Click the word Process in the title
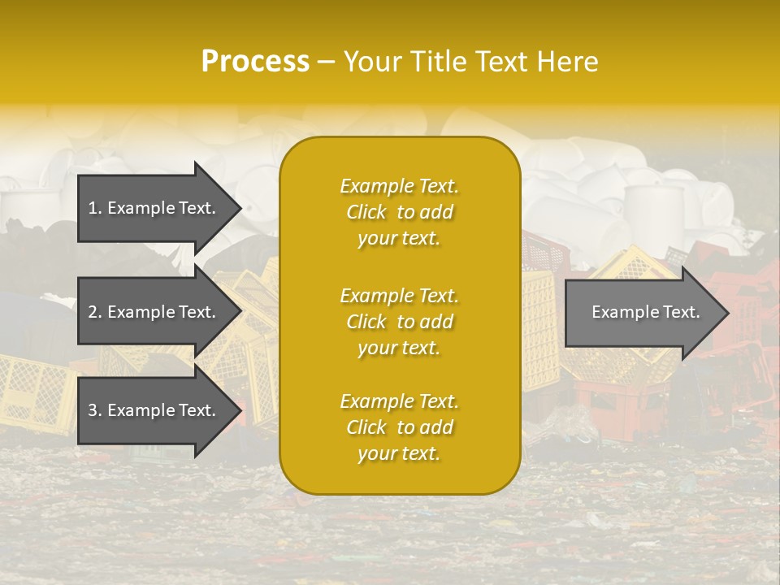point(255,61)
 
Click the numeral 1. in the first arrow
point(95,208)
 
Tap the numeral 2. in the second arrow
point(95,312)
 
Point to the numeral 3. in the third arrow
point(95,410)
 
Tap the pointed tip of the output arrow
point(727,313)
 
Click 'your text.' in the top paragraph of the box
point(399,239)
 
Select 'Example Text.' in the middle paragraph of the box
point(399,295)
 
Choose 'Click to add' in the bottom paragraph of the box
point(399,427)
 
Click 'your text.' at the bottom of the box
point(399,454)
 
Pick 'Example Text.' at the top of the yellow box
point(399,186)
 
